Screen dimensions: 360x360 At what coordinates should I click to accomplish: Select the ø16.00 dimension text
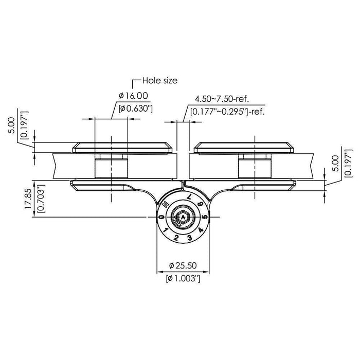pos(133,95)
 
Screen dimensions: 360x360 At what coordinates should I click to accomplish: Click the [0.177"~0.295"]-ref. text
pos(227,111)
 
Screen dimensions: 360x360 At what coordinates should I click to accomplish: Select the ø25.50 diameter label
pos(184,266)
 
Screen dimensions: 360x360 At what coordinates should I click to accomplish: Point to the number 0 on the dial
pos(161,218)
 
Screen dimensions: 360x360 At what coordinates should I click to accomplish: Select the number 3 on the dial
pos(189,237)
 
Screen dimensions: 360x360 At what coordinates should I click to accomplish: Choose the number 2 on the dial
pos(176,237)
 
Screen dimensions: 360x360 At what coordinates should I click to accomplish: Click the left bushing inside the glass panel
pos(111,166)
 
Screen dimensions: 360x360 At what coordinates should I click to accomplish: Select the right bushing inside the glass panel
pos(255,166)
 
